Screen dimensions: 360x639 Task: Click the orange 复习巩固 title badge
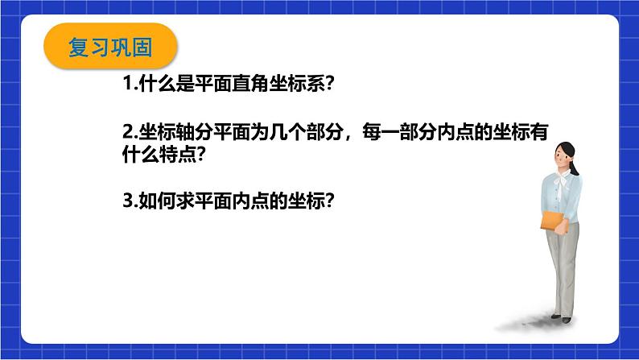[108, 48]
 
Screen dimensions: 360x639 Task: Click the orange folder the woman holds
[553, 218]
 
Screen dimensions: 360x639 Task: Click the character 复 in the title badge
[79, 48]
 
